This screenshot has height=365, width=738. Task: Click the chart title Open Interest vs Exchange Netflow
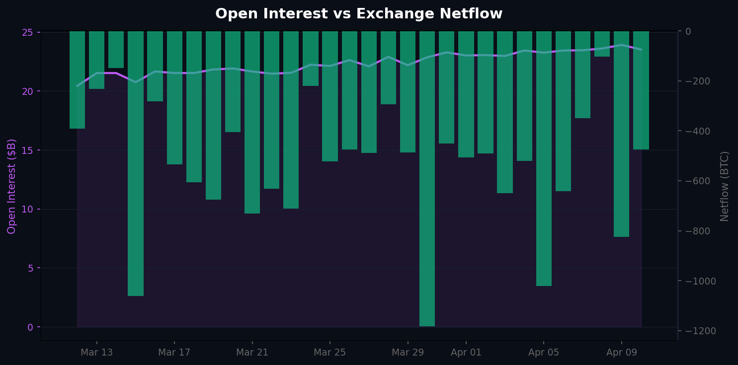click(359, 14)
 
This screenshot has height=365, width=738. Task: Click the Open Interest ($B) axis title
click(12, 186)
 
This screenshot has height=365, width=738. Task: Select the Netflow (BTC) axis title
click(725, 186)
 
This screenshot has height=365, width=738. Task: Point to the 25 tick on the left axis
click(27, 32)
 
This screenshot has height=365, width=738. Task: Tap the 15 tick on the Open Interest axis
click(27, 150)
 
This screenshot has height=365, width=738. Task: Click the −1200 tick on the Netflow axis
click(702, 331)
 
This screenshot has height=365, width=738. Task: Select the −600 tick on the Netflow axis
click(700, 181)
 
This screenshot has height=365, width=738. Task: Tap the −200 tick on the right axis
click(700, 81)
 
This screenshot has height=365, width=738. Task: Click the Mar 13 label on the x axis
click(96, 353)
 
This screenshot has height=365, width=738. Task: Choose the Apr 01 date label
click(466, 353)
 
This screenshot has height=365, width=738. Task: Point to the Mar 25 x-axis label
click(329, 353)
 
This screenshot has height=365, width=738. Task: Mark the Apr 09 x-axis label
click(621, 353)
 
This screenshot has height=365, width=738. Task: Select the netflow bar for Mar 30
click(427, 179)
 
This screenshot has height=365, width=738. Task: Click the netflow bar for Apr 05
click(544, 159)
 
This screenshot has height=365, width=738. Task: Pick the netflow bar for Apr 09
click(621, 134)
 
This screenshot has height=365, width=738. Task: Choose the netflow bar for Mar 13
click(96, 60)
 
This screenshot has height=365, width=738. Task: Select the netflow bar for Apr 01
click(466, 94)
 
